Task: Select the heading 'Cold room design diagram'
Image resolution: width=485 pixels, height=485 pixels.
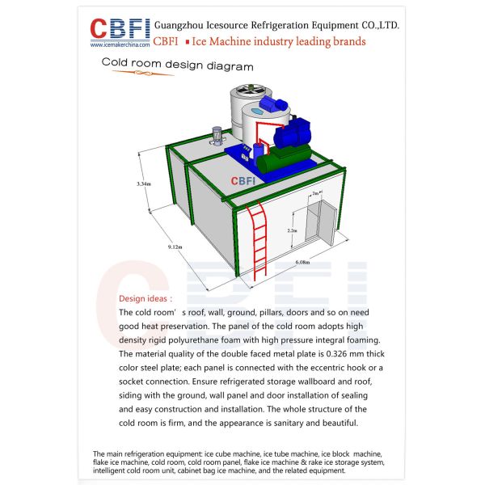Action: tap(177, 66)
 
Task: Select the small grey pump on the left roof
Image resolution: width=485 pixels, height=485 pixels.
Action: tap(217, 137)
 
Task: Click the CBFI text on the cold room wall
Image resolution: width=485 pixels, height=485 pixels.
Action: tap(244, 182)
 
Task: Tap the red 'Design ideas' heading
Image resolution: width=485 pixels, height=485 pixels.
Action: tap(145, 298)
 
